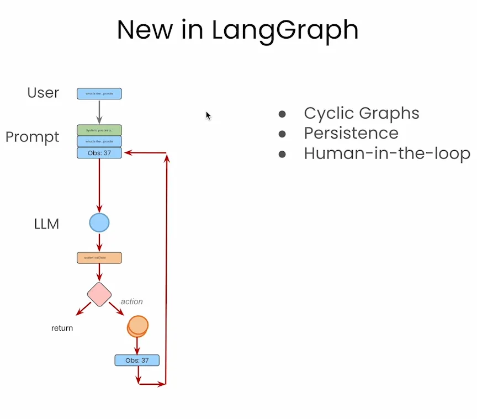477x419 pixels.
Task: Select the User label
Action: click(43, 93)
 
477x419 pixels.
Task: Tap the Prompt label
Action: click(32, 137)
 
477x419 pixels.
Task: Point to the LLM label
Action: click(46, 224)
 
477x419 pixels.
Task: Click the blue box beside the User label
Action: click(99, 94)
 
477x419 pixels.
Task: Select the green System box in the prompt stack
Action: click(99, 130)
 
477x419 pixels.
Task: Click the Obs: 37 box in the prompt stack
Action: click(99, 153)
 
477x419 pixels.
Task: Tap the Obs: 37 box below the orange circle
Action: click(137, 360)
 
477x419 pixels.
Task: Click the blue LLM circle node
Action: click(99, 223)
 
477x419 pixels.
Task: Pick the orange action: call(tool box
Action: click(99, 258)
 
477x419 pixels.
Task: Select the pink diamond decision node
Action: click(99, 294)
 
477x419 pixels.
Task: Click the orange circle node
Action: click(137, 326)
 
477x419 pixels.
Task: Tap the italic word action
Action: click(131, 301)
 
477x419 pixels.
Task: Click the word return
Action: click(62, 328)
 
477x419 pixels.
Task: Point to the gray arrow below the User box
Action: click(99, 112)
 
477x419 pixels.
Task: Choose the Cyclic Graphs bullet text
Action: click(361, 113)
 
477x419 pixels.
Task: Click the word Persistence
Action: click(351, 133)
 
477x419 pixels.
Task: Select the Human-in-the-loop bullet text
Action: click(386, 153)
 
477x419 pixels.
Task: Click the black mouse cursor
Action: click(208, 115)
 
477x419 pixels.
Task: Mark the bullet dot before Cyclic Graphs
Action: click(282, 114)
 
